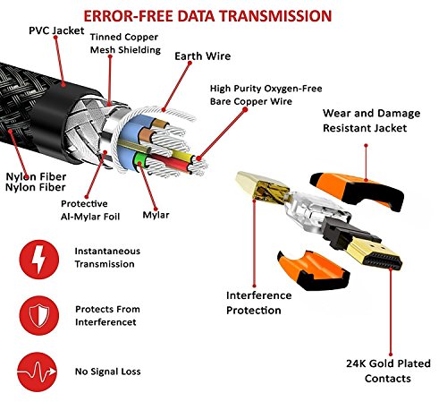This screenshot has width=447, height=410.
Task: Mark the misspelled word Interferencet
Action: click(117, 321)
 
